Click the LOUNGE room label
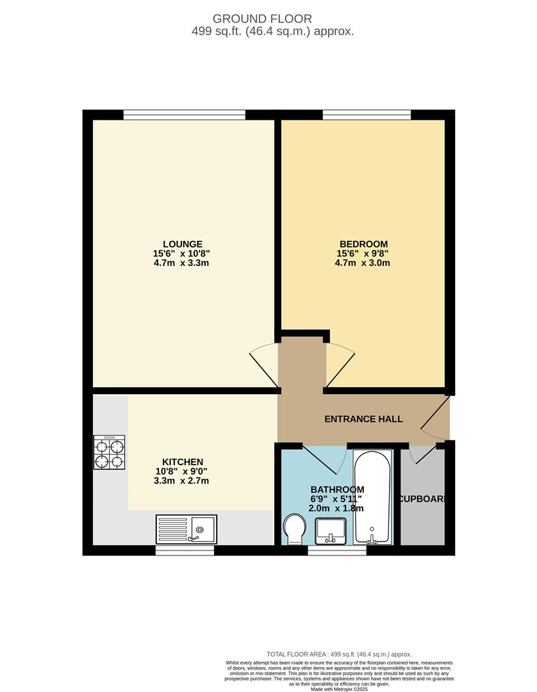point(182,243)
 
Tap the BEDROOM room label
point(363,243)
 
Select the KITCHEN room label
point(182,461)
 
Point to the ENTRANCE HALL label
point(363,419)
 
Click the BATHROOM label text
point(337,490)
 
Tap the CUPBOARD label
point(422,499)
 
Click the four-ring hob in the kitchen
point(110,453)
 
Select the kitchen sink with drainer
point(186,529)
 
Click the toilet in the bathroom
point(295,530)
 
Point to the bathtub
point(372,497)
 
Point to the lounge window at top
point(184,115)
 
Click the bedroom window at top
point(367,115)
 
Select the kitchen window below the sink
point(185,550)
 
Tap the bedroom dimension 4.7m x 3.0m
point(363,263)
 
